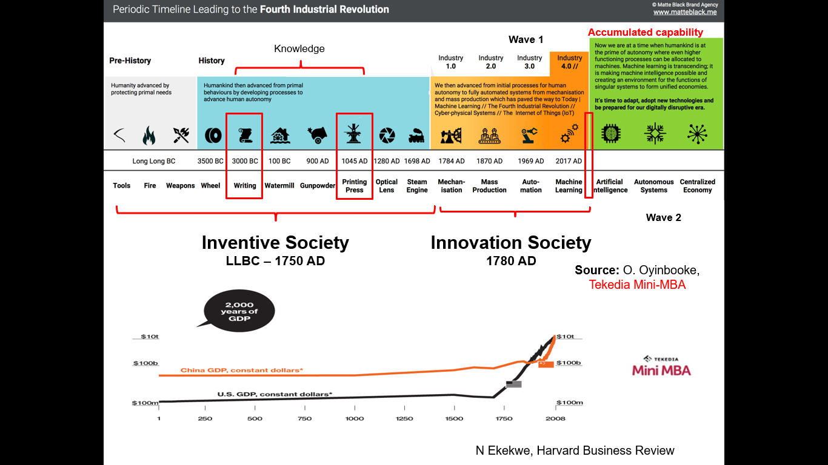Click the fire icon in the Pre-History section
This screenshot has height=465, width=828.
click(x=149, y=135)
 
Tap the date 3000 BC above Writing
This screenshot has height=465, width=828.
click(x=244, y=161)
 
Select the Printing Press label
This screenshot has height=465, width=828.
click(x=355, y=186)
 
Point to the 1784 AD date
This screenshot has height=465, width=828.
click(x=452, y=161)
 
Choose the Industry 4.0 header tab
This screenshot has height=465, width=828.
click(x=570, y=62)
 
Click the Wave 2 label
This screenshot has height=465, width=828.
click(x=663, y=217)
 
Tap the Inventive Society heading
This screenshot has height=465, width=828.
click(x=275, y=243)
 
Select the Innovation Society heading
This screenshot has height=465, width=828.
click(x=510, y=243)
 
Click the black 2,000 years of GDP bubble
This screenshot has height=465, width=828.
click(x=239, y=311)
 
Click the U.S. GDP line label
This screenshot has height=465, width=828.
click(x=275, y=394)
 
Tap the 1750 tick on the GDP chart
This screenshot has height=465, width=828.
click(x=504, y=418)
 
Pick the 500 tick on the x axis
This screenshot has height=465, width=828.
click(x=255, y=418)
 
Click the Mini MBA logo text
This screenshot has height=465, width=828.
click(x=661, y=370)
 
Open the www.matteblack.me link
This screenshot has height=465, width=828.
click(x=686, y=12)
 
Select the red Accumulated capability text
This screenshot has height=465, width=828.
click(x=646, y=33)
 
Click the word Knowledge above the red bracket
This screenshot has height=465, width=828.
click(x=299, y=49)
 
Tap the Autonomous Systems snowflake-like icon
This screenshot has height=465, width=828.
click(x=655, y=134)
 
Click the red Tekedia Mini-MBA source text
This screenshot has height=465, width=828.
click(x=637, y=285)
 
